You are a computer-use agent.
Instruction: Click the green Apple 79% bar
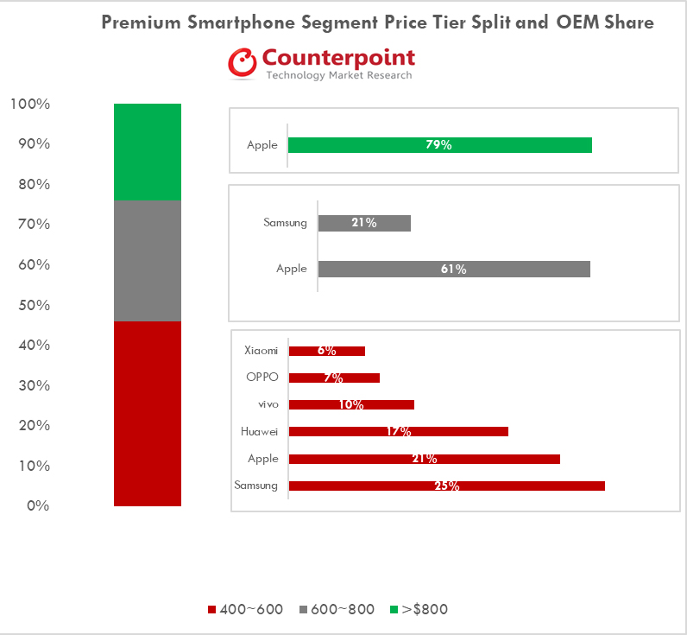pos(439,145)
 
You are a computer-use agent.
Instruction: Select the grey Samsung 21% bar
pos(364,223)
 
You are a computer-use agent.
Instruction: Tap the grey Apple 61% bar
pos(454,269)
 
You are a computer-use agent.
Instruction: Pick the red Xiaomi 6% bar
pos(326,351)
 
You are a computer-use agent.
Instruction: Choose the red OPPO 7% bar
pos(334,378)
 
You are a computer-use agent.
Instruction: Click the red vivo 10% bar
pos(351,404)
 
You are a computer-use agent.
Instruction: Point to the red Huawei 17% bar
pos(398,431)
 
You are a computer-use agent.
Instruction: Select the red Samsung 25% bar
pos(446,486)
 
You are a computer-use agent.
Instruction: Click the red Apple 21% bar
pos(424,459)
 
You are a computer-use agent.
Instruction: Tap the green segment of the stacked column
pos(147,151)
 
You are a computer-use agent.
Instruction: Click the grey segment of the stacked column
pos(147,260)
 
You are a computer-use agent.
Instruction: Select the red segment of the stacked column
pos(147,413)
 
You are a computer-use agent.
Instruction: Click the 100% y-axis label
pos(30,105)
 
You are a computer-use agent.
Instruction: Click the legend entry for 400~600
pos(246,609)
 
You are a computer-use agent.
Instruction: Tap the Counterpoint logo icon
pos(243,63)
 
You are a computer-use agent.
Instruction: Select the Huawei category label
pos(259,431)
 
